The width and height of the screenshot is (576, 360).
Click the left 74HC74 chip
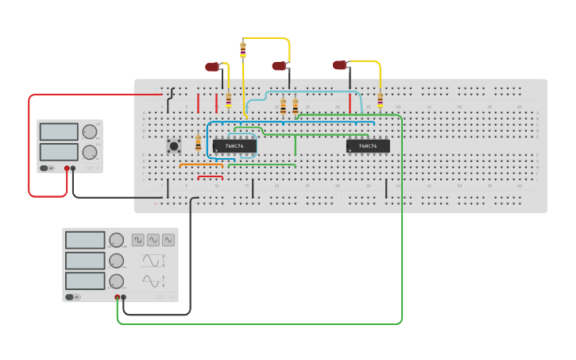[x=234, y=146]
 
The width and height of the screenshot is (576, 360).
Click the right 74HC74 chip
[x=368, y=146]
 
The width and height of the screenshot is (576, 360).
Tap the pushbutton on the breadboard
[x=172, y=145]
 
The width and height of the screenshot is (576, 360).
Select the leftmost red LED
[x=212, y=68]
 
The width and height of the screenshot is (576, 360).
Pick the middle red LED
[x=278, y=67]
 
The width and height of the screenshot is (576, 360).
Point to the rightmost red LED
[x=339, y=64]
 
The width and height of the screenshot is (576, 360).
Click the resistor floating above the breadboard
[x=243, y=50]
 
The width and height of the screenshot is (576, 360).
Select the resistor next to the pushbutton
[x=198, y=143]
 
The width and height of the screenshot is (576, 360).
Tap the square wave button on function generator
[x=138, y=239]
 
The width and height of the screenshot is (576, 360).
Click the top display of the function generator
[x=85, y=240]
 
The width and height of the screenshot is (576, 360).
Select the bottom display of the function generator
[x=85, y=281]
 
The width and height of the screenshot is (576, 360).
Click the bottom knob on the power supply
[x=91, y=151]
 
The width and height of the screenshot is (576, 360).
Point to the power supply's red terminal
[x=67, y=168]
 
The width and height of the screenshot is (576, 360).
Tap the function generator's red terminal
[x=118, y=297]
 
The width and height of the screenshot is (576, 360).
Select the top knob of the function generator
[x=117, y=240]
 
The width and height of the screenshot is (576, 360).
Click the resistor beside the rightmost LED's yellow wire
[x=380, y=100]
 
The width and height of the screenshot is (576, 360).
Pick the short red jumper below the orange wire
[x=210, y=177]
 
